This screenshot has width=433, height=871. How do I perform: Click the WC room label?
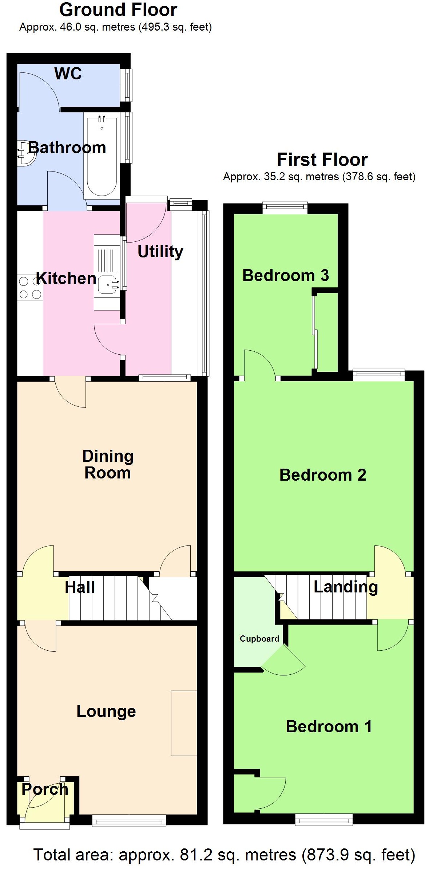(68, 74)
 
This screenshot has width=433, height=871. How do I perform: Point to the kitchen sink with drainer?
(107, 273)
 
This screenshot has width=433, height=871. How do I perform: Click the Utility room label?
(160, 252)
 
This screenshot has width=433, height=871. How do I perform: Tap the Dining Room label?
(108, 465)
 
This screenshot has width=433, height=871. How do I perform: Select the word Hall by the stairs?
(80, 587)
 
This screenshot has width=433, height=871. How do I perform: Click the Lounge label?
(106, 711)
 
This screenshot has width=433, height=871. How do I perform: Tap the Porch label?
(45, 789)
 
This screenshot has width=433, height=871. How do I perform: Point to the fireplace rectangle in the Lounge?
(184, 723)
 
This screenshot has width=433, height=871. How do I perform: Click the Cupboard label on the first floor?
(259, 639)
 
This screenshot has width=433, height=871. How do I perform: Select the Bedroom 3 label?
(286, 275)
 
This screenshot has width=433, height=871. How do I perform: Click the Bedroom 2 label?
(323, 475)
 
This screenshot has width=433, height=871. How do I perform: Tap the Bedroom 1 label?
(329, 726)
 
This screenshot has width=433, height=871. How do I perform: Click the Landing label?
(346, 587)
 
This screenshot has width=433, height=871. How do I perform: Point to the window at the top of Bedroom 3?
(285, 208)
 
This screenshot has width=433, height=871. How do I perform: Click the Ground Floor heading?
(118, 10)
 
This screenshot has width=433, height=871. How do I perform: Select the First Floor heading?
(322, 159)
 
